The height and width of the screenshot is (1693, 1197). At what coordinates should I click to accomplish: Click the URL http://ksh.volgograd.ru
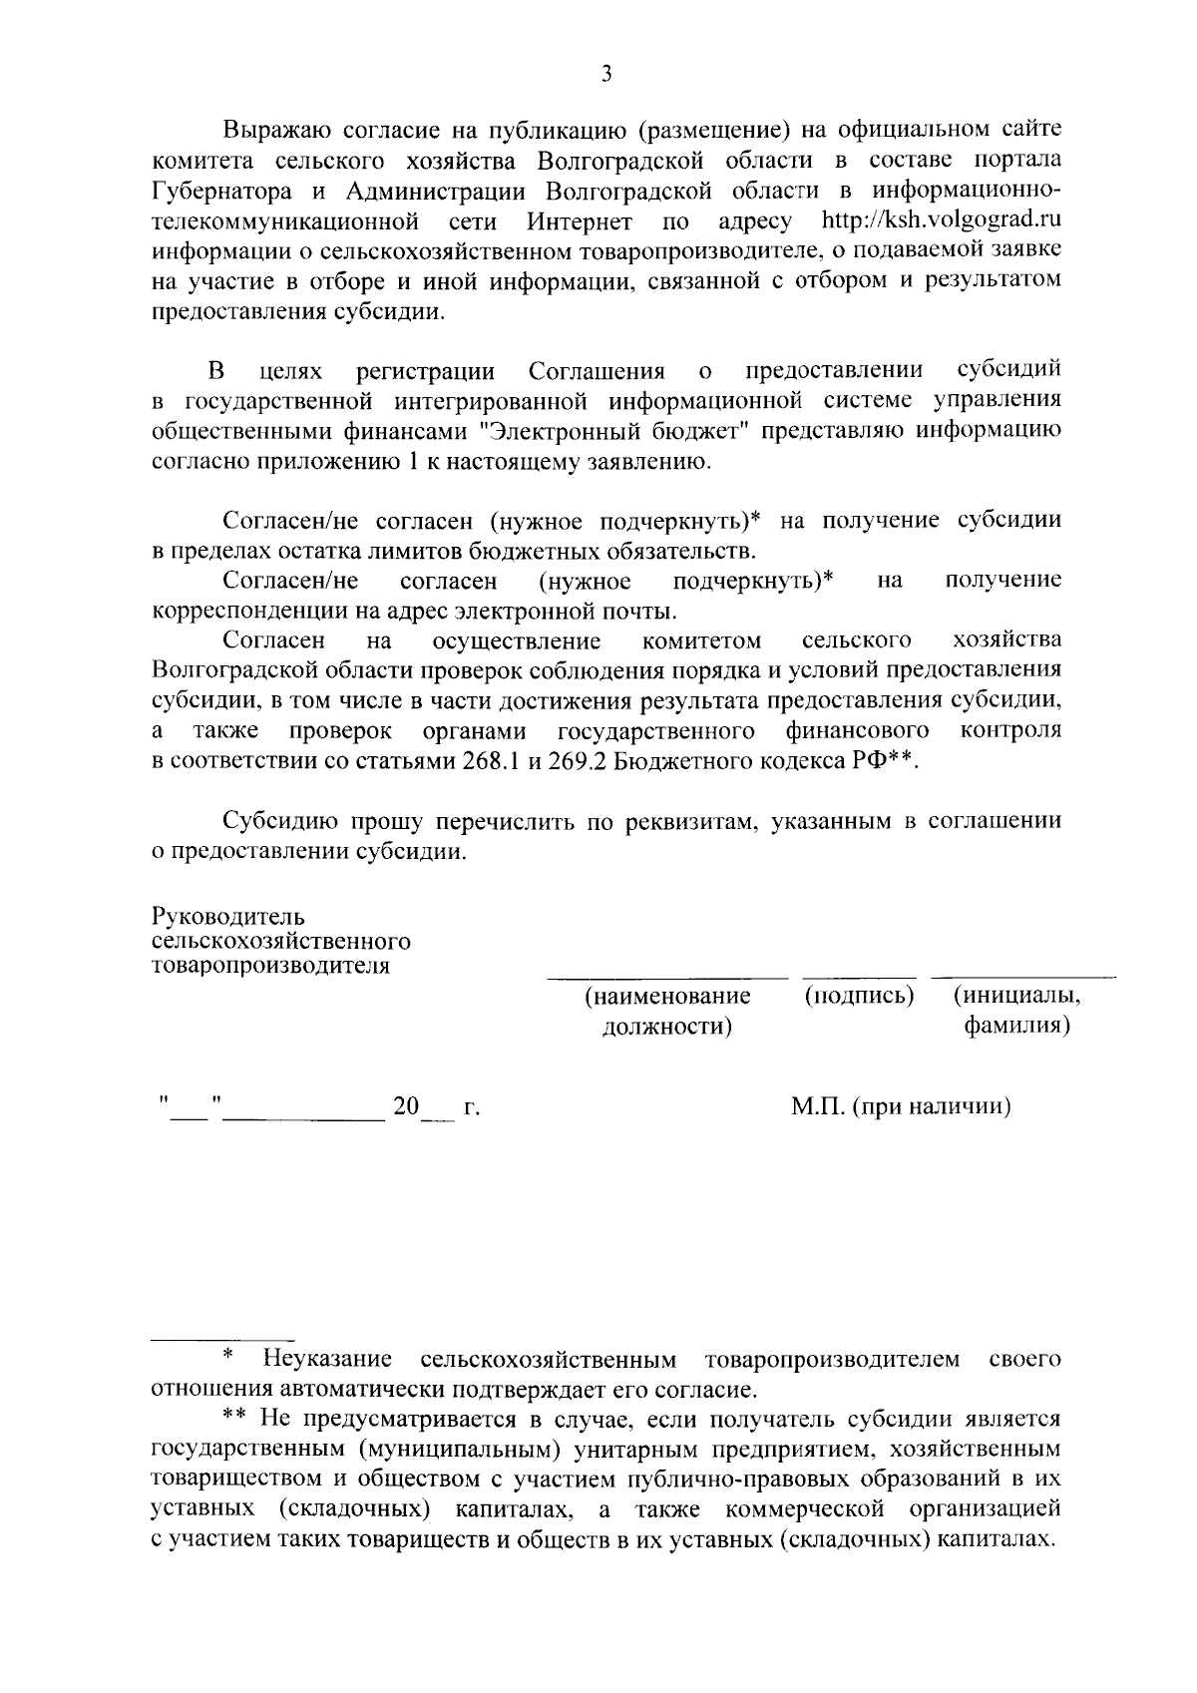click(941, 219)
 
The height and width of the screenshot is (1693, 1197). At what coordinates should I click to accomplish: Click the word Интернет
click(580, 219)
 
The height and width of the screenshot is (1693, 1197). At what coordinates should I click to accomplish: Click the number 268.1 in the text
click(491, 759)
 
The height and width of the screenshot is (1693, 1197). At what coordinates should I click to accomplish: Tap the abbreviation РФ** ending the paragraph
click(887, 759)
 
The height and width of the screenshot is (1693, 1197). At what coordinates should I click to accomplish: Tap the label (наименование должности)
click(667, 1011)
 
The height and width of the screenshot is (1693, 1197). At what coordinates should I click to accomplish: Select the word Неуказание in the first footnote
click(325, 1359)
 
